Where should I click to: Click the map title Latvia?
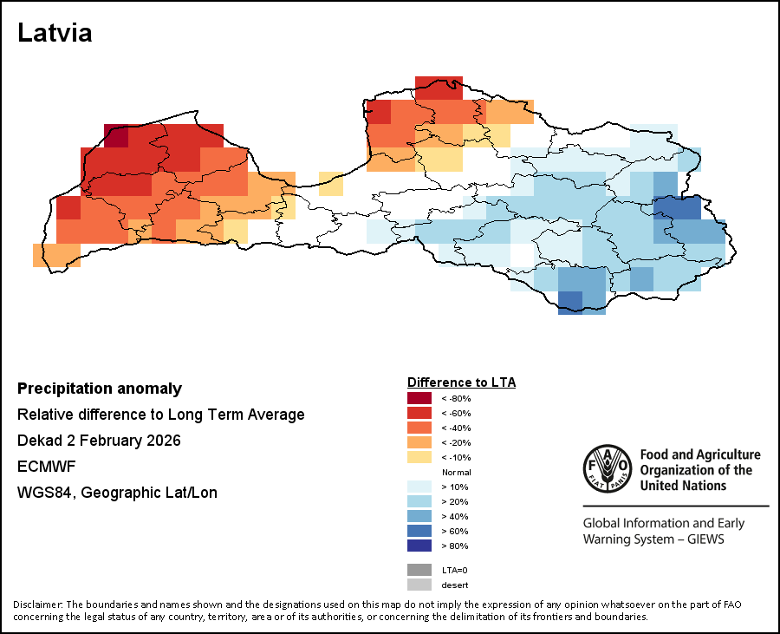point(55,34)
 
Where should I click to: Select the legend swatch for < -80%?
point(419,398)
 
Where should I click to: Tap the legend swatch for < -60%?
point(419,413)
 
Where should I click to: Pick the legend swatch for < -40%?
point(419,428)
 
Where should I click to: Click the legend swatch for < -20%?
point(419,442)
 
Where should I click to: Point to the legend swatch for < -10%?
point(419,457)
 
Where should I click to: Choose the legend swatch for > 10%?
point(419,487)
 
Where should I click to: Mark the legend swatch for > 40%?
point(419,516)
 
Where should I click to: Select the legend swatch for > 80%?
point(419,546)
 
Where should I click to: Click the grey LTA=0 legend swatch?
point(419,570)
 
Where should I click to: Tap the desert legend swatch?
point(419,585)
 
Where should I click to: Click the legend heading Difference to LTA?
point(461,382)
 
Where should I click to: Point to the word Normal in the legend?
point(456,472)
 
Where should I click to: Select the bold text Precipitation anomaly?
point(100,389)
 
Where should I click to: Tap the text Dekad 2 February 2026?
point(99,441)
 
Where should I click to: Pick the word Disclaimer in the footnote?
point(37,605)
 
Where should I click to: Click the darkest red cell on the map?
point(116,136)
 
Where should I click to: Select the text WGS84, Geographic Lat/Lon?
point(117,493)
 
